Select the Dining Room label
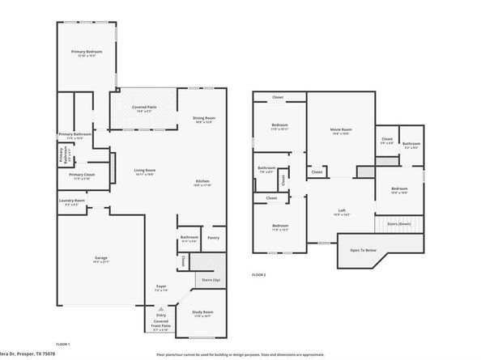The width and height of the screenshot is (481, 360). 203,119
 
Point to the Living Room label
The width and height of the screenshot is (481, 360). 144,171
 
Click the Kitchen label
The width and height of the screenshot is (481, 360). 202,181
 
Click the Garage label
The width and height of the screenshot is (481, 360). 100,258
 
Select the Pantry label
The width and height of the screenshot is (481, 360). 213,238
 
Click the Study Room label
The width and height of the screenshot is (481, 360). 202,311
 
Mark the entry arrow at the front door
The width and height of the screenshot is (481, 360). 162,308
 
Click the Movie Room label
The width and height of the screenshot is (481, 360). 341,130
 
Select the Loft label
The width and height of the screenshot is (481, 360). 341,212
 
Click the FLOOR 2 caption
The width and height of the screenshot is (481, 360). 258,275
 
